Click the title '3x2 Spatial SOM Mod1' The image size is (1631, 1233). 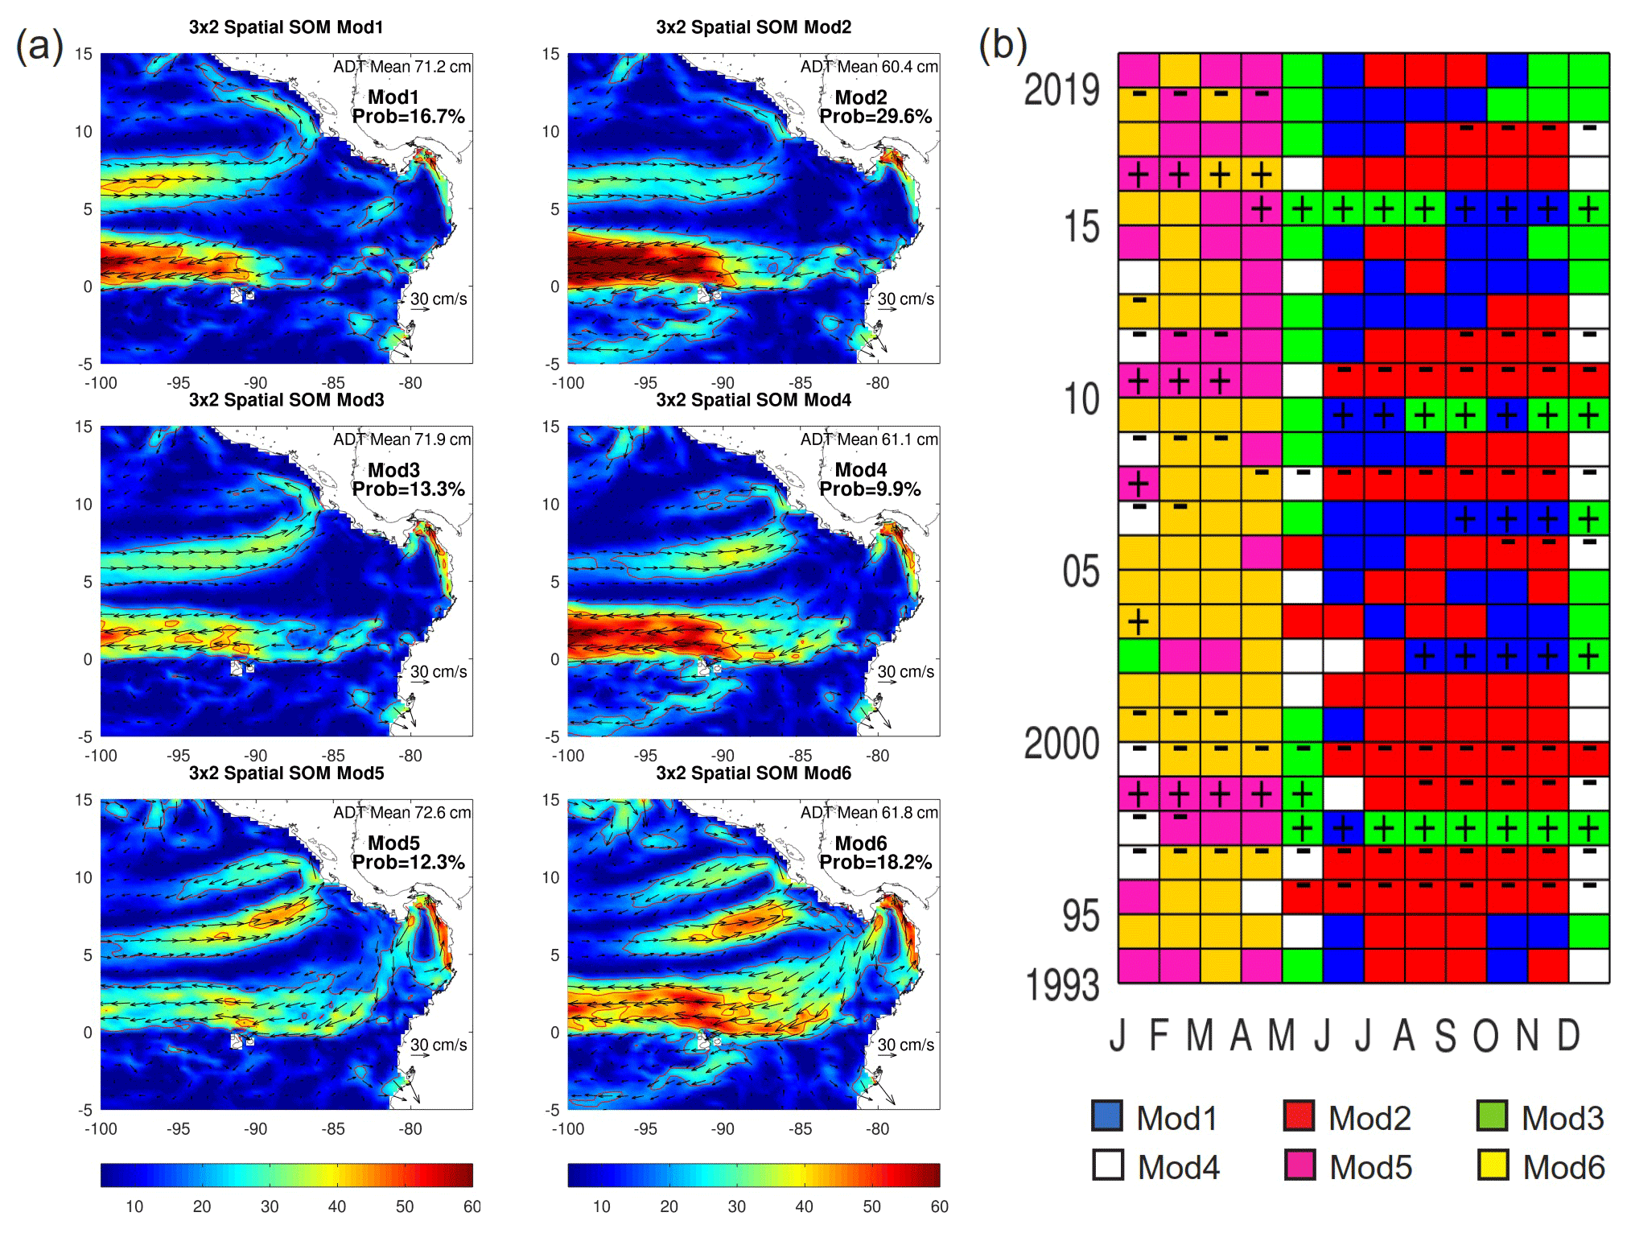[286, 27]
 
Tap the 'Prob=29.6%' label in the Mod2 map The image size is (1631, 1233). [875, 117]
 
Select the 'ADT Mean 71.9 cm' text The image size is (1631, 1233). [402, 439]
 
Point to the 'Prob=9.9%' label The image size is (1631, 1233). [869, 489]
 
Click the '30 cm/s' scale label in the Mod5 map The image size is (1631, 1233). [439, 1045]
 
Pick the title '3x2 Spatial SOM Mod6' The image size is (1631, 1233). [753, 773]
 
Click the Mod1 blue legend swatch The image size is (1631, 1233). [1107, 1115]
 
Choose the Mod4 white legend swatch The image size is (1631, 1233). [1107, 1165]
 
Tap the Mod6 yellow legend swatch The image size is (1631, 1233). [1493, 1165]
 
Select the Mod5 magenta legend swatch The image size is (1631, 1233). [1299, 1165]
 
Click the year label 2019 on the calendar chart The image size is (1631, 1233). [1061, 89]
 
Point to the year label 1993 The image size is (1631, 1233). [1061, 985]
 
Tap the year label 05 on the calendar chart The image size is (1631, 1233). [1081, 571]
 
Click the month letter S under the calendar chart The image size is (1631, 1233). [1445, 1036]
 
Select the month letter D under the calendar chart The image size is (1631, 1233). [1568, 1036]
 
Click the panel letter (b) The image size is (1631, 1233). [1003, 44]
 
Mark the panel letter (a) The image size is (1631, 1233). [40, 44]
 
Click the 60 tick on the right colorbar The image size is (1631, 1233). [939, 1206]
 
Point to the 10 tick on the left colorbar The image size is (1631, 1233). [134, 1206]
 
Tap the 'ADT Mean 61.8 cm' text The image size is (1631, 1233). [869, 813]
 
